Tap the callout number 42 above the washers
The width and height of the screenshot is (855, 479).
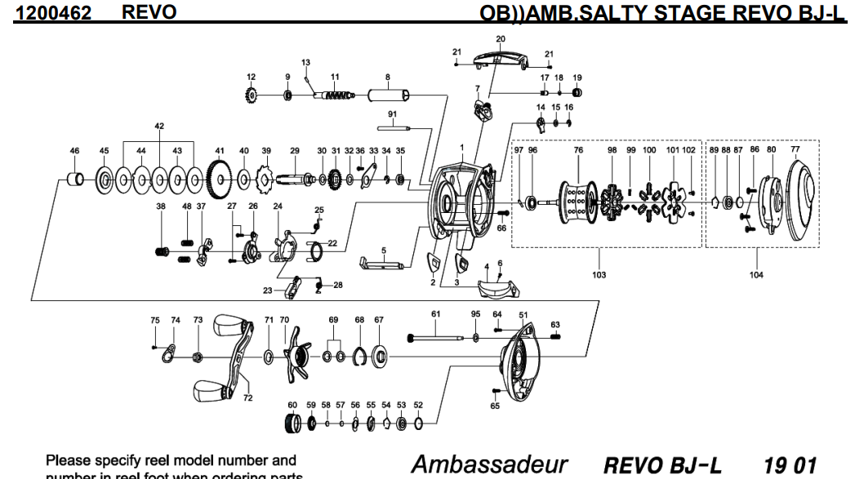pyautogui.click(x=158, y=126)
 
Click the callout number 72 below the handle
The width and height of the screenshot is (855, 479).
pyautogui.click(x=247, y=397)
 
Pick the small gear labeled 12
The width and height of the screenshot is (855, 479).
pyautogui.click(x=252, y=96)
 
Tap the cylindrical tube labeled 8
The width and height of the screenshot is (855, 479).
pyautogui.click(x=389, y=96)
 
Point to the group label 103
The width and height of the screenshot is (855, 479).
pyautogui.click(x=599, y=275)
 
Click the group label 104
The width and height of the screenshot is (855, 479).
pyautogui.click(x=756, y=275)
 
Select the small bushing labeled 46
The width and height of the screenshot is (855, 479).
pyautogui.click(x=74, y=177)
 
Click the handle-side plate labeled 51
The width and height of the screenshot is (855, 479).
pyautogui.click(x=519, y=360)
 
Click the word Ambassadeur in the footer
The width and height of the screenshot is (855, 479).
pyautogui.click(x=489, y=464)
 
